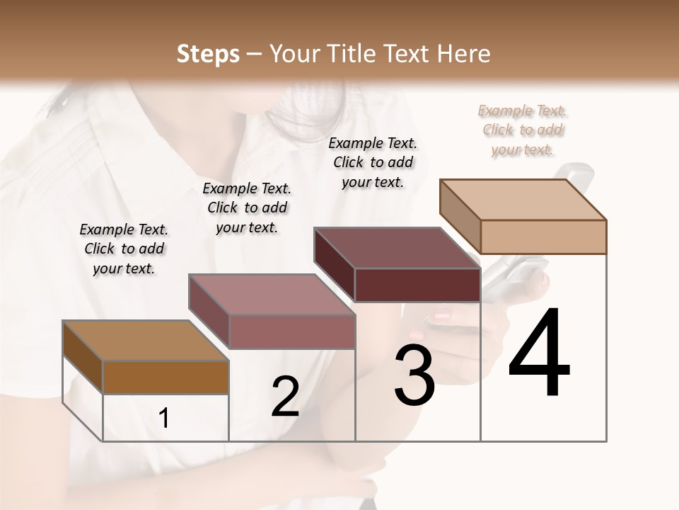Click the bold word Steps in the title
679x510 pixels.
click(x=208, y=54)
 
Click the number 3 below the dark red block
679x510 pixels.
click(x=414, y=375)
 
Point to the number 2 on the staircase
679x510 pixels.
click(x=285, y=397)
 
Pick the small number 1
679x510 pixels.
click(x=164, y=419)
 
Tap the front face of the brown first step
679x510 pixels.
click(x=166, y=378)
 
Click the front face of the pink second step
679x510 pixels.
click(x=292, y=331)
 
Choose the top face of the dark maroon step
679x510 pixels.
click(x=397, y=247)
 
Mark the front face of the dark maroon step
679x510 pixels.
click(x=417, y=285)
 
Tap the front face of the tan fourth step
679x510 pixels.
click(x=543, y=237)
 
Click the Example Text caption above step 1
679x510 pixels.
click(x=124, y=249)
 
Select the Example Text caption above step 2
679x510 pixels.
click(x=247, y=208)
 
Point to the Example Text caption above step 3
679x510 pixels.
click(x=373, y=162)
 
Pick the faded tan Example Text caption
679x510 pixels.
click(x=523, y=130)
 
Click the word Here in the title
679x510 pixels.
click(x=464, y=54)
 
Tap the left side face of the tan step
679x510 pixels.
click(x=460, y=217)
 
